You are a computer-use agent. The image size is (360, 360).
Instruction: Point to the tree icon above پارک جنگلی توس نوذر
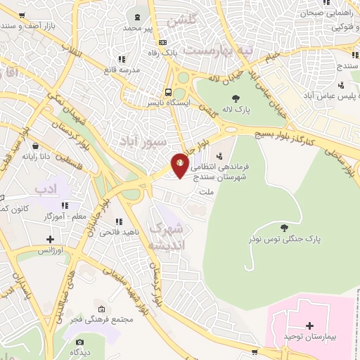[x=283, y=227]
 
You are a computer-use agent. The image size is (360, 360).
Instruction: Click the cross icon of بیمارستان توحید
[x=309, y=326]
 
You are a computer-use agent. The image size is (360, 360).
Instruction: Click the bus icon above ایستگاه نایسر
[x=168, y=91]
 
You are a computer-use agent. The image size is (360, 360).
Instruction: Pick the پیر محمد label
[x=138, y=27]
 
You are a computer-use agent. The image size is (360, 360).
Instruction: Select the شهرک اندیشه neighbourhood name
[x=166, y=236]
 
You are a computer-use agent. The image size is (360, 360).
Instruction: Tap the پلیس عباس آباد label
[x=333, y=94]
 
